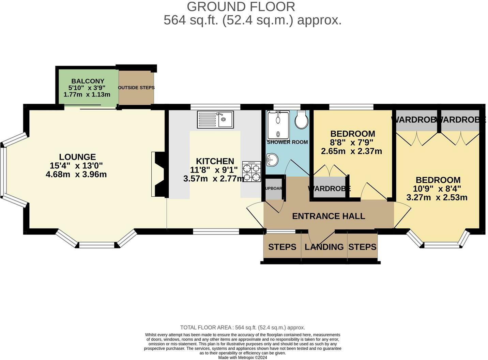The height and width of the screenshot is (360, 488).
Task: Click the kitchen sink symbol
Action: tap(215, 120)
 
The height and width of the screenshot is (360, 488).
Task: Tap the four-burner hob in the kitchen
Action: tap(251, 171)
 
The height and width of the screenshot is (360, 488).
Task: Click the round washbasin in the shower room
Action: tap(272, 159)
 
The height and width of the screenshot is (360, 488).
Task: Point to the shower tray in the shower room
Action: tap(278, 124)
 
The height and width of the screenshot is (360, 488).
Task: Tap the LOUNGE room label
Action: tap(77, 157)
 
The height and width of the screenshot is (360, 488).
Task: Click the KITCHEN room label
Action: tap(215, 161)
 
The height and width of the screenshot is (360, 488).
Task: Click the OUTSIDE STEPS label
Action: tap(136, 88)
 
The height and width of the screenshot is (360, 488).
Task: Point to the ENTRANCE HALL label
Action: tap(329, 216)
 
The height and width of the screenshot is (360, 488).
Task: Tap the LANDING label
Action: tap(324, 247)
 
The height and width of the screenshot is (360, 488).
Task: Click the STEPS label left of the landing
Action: tap(282, 247)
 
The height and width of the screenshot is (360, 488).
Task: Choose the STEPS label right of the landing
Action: tap(362, 247)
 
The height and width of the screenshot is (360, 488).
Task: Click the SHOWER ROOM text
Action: tap(287, 142)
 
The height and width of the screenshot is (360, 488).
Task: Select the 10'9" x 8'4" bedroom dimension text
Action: tap(438, 189)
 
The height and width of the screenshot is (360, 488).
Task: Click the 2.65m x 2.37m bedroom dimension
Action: tap(351, 151)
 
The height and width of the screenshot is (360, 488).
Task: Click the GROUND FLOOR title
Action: tap(241, 6)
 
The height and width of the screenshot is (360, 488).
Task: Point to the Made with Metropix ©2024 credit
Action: tap(243, 358)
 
